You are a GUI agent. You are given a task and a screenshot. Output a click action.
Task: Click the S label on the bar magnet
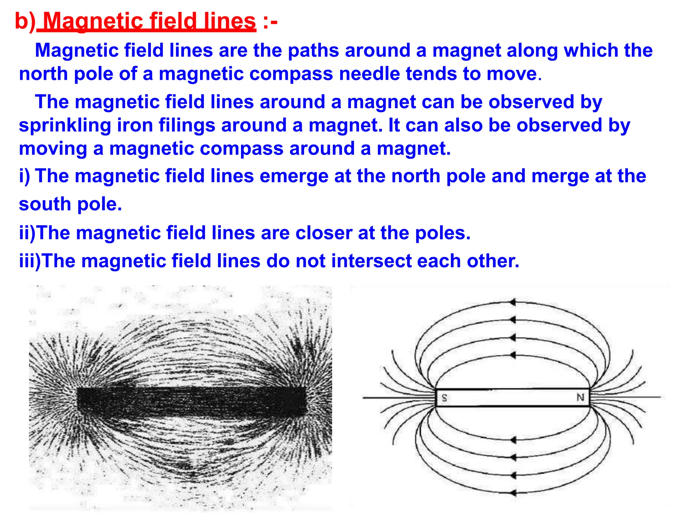tap(444, 397)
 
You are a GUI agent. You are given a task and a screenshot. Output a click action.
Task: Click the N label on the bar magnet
tap(580, 397)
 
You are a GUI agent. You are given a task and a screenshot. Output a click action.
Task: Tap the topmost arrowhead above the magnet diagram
tap(513, 302)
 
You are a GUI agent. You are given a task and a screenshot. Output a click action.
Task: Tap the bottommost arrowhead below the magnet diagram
tap(513, 492)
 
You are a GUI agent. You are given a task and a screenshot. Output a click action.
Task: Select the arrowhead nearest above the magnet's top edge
tap(513, 355)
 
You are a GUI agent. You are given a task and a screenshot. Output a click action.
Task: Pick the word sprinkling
tap(65, 125)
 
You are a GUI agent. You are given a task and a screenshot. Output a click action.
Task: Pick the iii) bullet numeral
tap(30, 261)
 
